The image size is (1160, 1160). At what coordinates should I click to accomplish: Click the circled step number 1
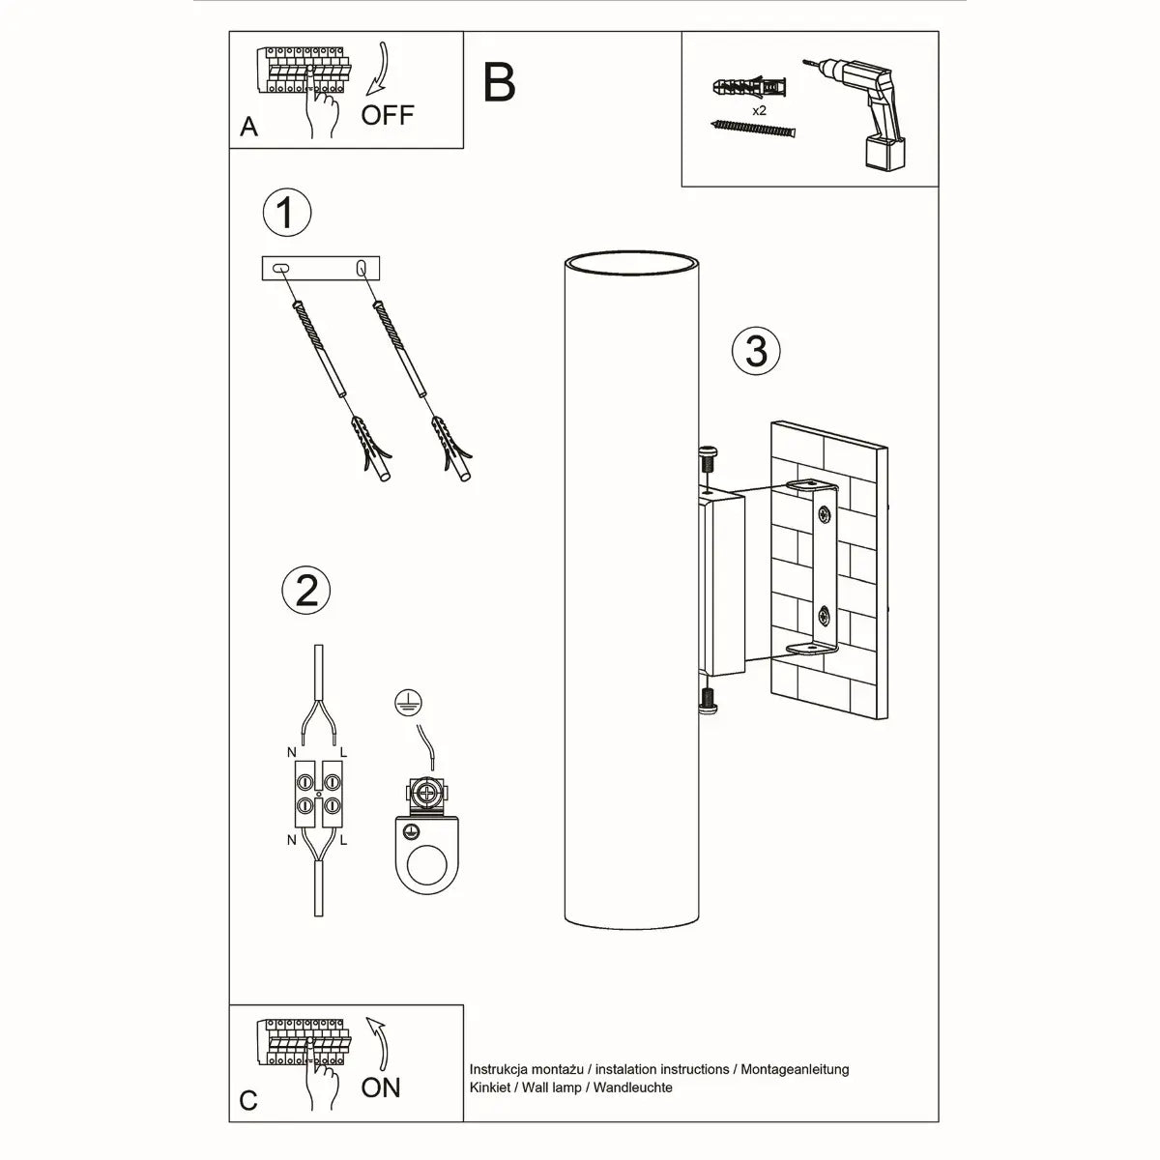click(286, 213)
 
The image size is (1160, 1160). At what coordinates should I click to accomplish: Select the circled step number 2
click(306, 589)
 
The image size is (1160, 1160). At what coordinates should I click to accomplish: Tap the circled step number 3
click(756, 350)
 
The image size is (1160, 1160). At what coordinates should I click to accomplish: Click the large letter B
click(499, 83)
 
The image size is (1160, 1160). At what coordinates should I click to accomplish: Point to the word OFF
click(388, 115)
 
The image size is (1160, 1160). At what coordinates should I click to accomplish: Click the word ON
click(381, 1087)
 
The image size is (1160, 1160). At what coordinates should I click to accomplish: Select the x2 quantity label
click(759, 111)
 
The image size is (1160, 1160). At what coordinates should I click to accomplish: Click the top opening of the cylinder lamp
click(631, 263)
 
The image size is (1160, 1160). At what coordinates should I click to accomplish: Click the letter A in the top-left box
click(249, 127)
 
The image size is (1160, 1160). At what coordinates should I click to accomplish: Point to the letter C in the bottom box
click(249, 1101)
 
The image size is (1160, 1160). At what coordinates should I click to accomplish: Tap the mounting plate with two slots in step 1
click(322, 269)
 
